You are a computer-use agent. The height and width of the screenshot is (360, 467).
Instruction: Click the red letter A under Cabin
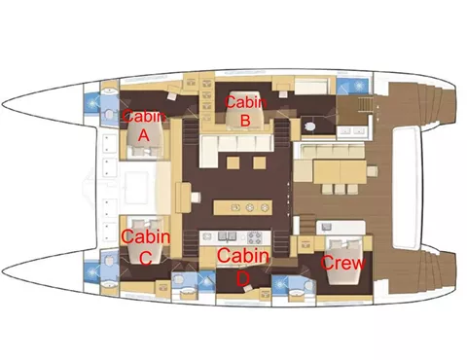click(144, 134)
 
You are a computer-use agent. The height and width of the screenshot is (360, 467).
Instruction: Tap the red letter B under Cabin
click(245, 120)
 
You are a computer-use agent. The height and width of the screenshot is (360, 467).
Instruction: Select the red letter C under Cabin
click(145, 259)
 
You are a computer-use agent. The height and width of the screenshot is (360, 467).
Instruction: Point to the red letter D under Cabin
click(243, 279)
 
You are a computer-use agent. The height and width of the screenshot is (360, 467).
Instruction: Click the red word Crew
click(342, 263)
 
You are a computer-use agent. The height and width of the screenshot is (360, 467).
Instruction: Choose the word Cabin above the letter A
click(144, 116)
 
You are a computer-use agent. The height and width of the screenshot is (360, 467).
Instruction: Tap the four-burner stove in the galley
click(255, 237)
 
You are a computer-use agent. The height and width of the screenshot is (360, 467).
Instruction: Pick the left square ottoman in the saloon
click(233, 162)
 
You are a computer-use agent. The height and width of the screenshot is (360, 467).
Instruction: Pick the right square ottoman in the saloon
click(260, 162)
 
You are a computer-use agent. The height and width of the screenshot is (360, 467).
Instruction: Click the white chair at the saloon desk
click(196, 197)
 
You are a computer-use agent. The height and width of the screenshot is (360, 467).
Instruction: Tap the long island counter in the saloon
click(242, 207)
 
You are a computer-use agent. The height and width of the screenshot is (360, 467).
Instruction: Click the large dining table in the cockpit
click(340, 171)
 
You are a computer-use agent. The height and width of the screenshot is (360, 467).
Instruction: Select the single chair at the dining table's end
click(373, 171)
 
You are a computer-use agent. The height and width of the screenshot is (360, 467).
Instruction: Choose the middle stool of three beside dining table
click(340, 189)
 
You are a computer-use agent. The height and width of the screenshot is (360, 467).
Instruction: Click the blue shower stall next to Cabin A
click(91, 103)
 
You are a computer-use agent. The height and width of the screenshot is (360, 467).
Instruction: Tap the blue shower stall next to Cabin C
click(91, 272)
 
